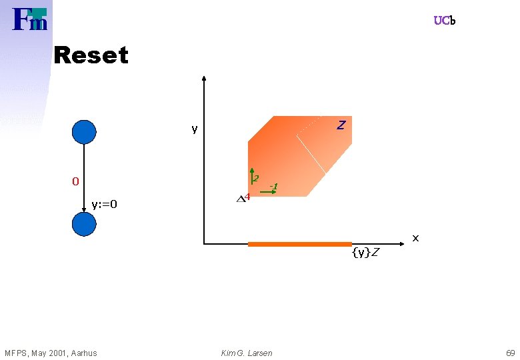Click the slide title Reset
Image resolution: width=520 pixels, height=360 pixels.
coord(91,55)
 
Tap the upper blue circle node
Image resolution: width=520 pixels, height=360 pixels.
coord(84,131)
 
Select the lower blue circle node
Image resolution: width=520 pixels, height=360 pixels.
coord(84,225)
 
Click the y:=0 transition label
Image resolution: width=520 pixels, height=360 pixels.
coord(104,204)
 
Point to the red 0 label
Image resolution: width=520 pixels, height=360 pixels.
coord(76,181)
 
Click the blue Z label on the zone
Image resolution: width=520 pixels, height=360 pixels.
coord(341,125)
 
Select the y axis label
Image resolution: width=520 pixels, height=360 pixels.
coord(194,129)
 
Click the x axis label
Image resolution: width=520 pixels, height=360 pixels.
coord(415,237)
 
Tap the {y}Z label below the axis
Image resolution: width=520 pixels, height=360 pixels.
coord(366,252)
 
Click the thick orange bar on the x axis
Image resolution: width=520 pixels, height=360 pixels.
coord(299,245)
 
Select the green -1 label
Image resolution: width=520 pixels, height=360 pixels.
coord(273,185)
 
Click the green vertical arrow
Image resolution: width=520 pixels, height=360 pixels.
coord(250,175)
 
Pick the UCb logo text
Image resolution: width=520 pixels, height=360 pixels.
coord(445,21)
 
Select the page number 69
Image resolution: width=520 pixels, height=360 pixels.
coord(510,353)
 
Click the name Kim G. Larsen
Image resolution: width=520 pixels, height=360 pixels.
coord(247,353)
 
